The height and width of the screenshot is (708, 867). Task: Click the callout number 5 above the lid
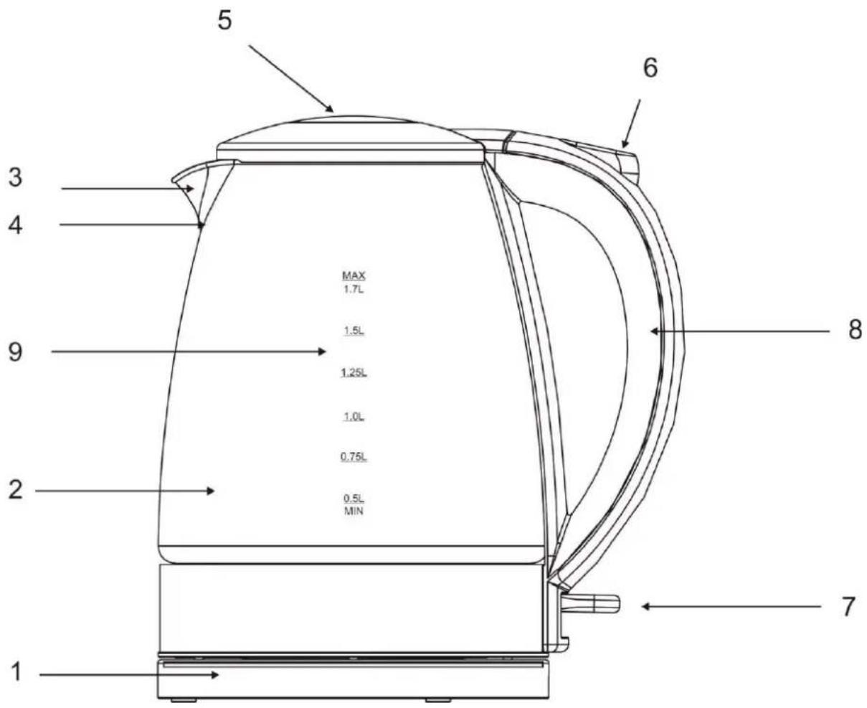tap(224, 20)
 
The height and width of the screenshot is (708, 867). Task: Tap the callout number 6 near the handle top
tap(650, 67)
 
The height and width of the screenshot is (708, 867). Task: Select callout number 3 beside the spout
tap(16, 178)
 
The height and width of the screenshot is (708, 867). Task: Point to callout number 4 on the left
tap(15, 225)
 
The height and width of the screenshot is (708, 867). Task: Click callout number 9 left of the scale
tap(15, 352)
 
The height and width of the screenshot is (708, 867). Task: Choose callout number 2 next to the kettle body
tap(16, 490)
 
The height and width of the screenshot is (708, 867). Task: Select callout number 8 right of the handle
tap(856, 330)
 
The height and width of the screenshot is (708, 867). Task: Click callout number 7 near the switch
tap(848, 606)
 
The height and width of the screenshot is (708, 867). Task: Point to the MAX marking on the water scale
tap(354, 275)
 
